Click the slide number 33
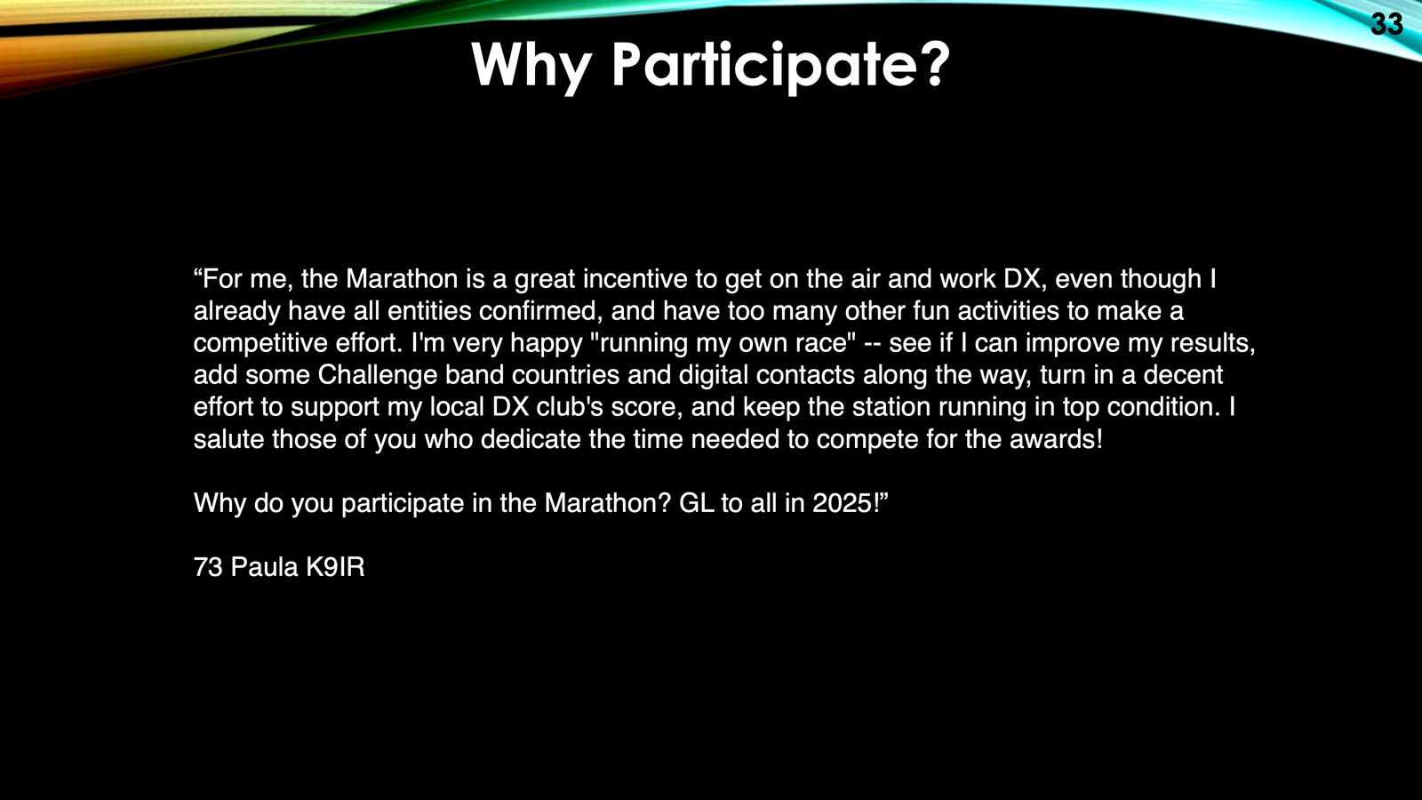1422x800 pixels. click(x=1386, y=25)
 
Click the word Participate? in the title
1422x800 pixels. click(x=781, y=66)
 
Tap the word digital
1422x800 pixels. click(x=713, y=375)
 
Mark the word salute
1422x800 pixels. click(x=228, y=439)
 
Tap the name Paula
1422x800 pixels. click(x=264, y=567)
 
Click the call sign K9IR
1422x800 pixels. click(x=335, y=567)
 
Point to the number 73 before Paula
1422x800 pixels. click(x=208, y=567)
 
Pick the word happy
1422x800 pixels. click(x=547, y=343)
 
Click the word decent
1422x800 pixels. click(x=1183, y=375)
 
